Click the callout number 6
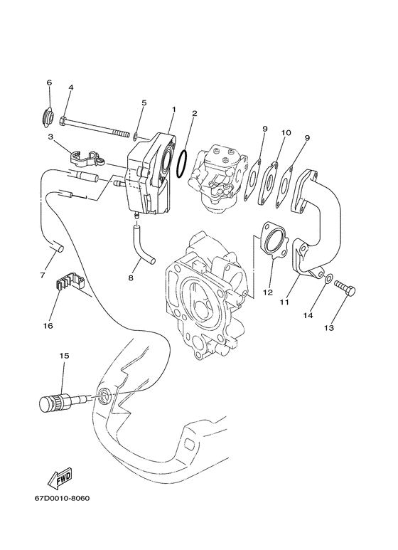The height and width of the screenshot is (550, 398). (x=49, y=83)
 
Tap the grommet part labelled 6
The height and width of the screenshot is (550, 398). (x=50, y=115)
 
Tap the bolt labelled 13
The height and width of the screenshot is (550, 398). (x=345, y=290)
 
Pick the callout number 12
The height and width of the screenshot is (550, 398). (x=267, y=292)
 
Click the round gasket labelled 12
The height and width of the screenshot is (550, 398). (x=272, y=243)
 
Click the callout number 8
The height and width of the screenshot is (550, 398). (x=131, y=277)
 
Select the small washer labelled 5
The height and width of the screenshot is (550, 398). (x=135, y=134)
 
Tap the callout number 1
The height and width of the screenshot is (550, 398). (x=173, y=109)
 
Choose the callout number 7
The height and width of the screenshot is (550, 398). (x=42, y=275)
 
